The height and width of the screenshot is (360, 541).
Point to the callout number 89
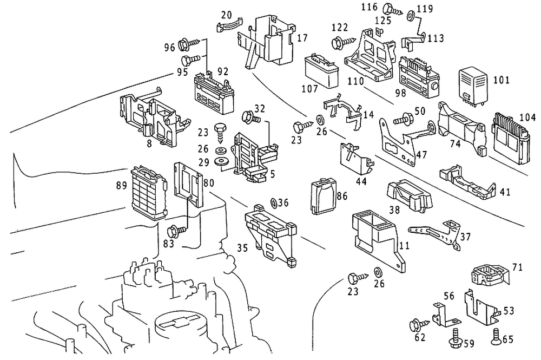point(121,186)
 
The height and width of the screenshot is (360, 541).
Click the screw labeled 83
point(177,230)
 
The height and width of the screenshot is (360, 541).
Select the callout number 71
point(518,267)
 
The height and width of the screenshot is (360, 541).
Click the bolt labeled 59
point(454,340)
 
